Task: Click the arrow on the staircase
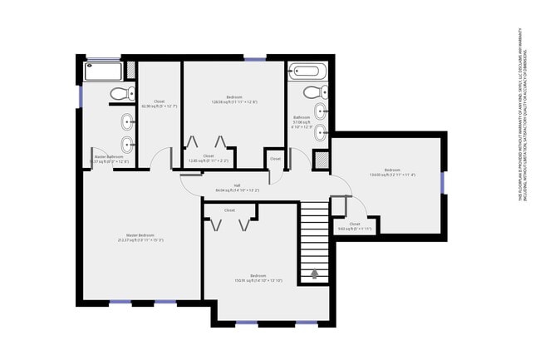314,274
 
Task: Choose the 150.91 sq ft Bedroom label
258,277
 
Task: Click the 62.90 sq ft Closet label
159,104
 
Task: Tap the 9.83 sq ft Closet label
355,225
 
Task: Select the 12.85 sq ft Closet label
209,158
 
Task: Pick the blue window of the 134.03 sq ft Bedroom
443,181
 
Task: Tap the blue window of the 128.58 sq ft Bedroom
255,58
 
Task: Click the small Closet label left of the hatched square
275,158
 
